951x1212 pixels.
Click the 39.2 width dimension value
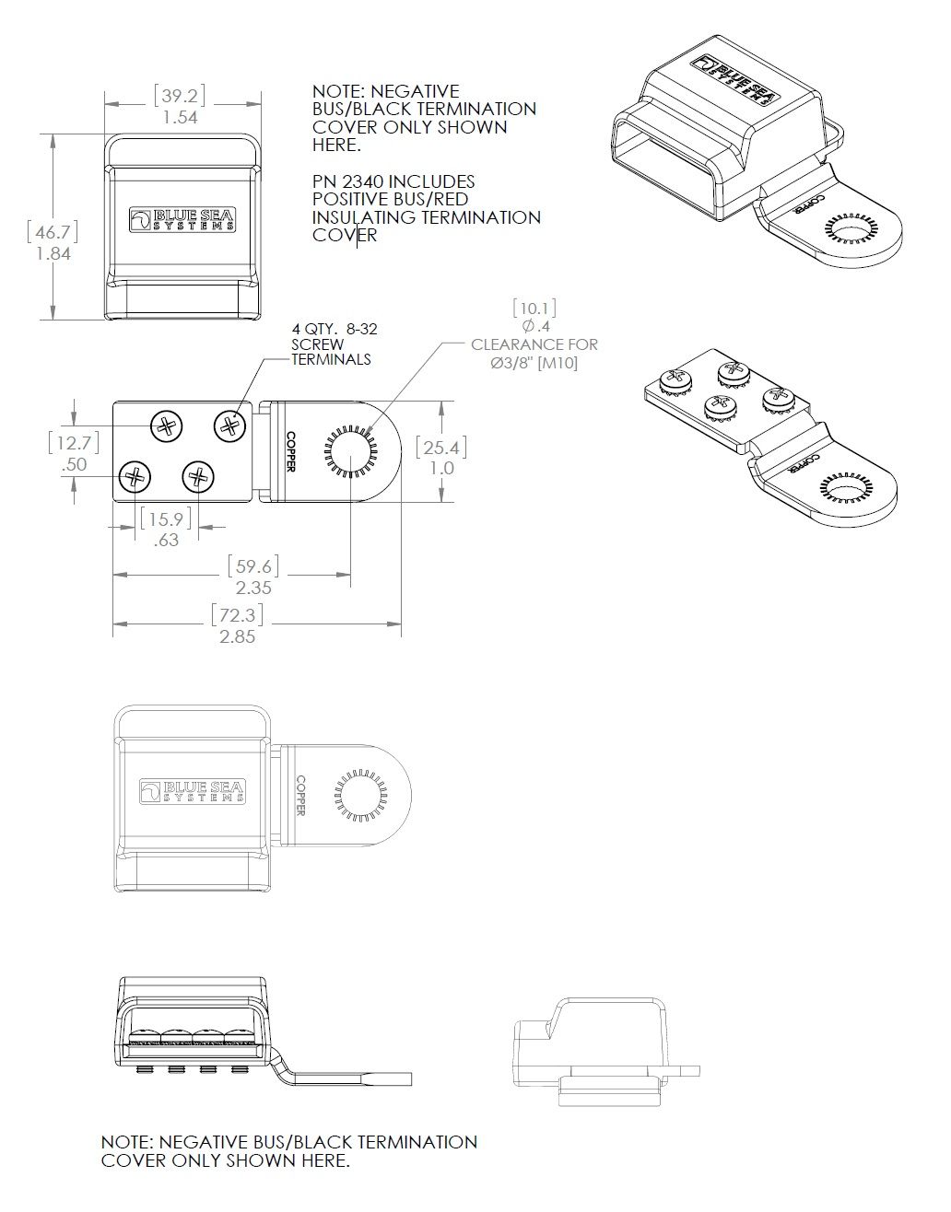click(x=181, y=96)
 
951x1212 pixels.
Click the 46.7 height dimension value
click(x=53, y=229)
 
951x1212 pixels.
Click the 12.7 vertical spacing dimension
click(x=74, y=443)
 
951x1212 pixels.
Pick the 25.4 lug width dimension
click(x=440, y=448)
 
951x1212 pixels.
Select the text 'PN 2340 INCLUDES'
click(x=393, y=181)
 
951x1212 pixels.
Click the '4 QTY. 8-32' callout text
click(x=335, y=329)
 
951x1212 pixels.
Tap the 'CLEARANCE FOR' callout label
click(x=534, y=344)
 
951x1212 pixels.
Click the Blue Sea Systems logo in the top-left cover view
click(x=181, y=219)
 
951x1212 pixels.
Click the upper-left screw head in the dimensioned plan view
click(x=166, y=425)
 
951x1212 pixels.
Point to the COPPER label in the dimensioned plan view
click(x=290, y=451)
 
